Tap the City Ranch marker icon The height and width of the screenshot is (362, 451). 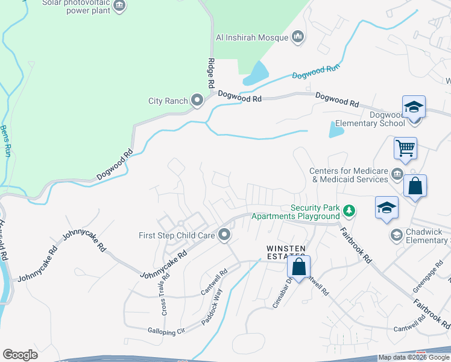click(x=197, y=101)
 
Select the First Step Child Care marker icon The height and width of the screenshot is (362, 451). click(x=225, y=235)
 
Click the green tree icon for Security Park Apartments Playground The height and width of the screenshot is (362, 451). click(x=348, y=211)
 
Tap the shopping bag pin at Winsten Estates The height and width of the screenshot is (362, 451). click(x=298, y=266)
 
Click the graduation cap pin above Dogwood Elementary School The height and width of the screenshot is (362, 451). click(x=414, y=107)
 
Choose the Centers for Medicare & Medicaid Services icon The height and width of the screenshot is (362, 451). click(x=397, y=175)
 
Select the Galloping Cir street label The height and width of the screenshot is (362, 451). click(x=166, y=331)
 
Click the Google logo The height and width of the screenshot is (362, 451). click(x=20, y=355)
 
